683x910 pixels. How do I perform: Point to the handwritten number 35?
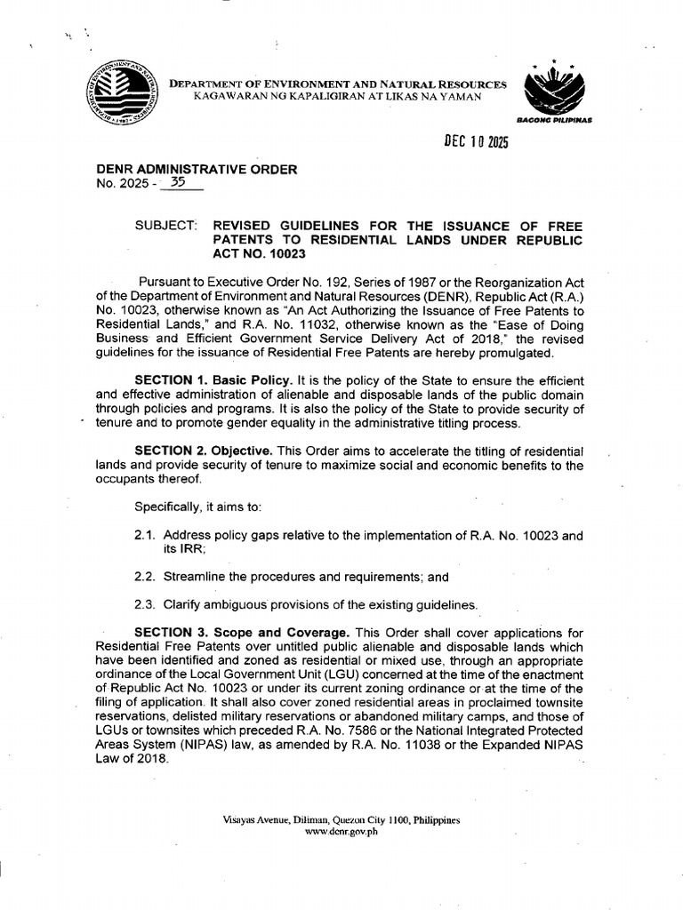pos(181,184)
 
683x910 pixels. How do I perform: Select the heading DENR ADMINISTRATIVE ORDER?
pos(197,170)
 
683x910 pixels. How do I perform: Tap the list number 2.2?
pos(144,577)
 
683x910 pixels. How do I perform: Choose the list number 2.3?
pos(144,604)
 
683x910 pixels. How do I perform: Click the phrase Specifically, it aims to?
pos(198,507)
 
